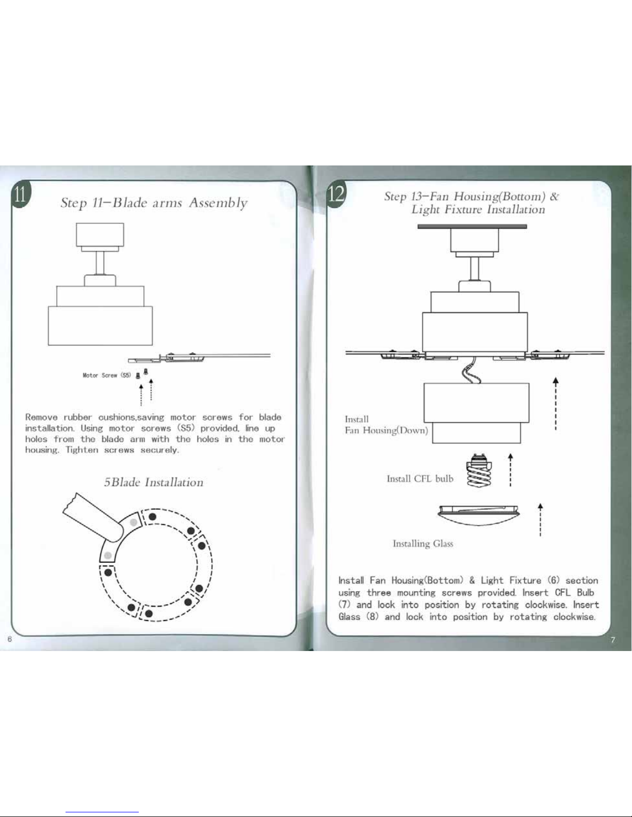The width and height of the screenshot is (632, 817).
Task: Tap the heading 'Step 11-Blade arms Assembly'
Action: [x=154, y=203]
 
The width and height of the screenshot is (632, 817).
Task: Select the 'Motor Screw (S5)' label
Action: [x=107, y=375]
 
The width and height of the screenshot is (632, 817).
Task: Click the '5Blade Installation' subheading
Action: [x=153, y=482]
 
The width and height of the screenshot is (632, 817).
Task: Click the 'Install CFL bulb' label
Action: [x=420, y=479]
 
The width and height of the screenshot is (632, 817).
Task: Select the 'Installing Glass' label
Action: [x=423, y=543]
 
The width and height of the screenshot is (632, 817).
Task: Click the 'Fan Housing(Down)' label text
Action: [x=386, y=430]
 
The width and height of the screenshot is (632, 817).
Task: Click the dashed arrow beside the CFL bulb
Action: [x=510, y=470]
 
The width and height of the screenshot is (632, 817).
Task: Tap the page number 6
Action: [x=9, y=640]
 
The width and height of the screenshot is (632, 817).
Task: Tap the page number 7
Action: [x=612, y=640]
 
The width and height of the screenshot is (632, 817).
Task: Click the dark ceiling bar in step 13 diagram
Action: [x=472, y=226]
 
